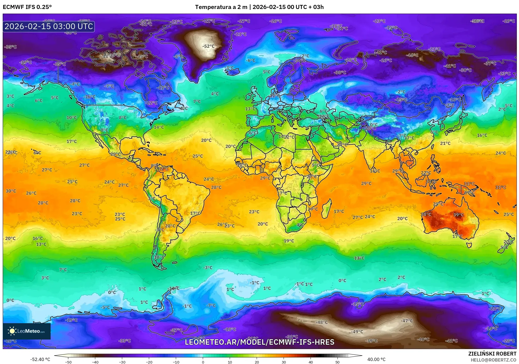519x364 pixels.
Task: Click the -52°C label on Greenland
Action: (x=208, y=46)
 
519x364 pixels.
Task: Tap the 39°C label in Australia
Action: (x=458, y=215)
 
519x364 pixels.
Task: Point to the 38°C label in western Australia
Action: (x=426, y=214)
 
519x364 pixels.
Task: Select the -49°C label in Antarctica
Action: (x=357, y=332)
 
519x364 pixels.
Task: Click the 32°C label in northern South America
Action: (x=163, y=169)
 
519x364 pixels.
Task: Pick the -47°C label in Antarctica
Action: (x=407, y=321)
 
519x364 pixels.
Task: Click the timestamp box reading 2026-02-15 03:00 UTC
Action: (x=49, y=26)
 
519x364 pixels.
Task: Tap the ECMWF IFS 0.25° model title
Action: (x=27, y=7)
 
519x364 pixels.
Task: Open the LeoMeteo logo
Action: (x=27, y=331)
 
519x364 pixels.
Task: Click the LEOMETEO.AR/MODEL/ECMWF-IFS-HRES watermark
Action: (x=259, y=342)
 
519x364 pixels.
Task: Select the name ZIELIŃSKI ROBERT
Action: (x=492, y=354)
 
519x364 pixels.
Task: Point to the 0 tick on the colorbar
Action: (x=203, y=362)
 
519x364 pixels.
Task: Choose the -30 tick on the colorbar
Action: (x=122, y=362)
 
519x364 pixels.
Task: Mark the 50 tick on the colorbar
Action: (x=337, y=362)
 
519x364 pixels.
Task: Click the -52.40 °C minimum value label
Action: (x=40, y=360)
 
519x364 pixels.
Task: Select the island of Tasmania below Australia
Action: (x=469, y=245)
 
